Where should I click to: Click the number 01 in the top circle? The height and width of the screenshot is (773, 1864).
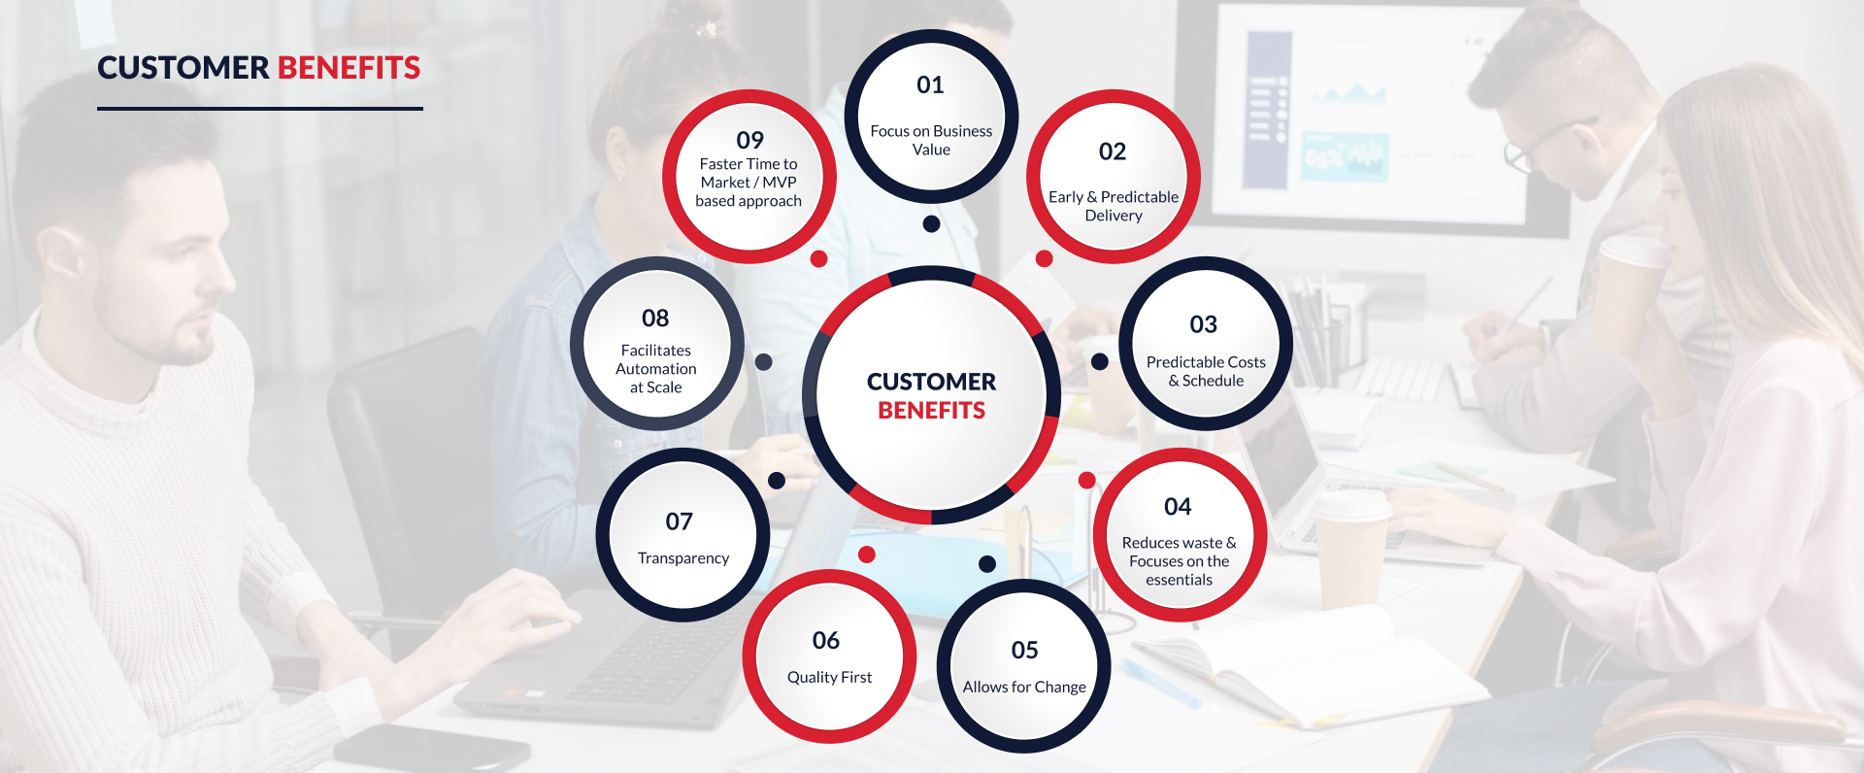coord(930,85)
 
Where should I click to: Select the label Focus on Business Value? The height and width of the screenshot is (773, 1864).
coord(931,140)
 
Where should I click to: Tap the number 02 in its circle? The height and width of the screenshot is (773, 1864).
coord(1113,151)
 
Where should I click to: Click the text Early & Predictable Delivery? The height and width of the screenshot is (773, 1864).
coord(1114,206)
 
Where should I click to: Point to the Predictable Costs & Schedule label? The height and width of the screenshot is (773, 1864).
coord(1206,371)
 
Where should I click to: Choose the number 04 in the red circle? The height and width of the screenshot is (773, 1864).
coord(1178,507)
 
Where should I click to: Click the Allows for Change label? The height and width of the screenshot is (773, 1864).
coord(1024,687)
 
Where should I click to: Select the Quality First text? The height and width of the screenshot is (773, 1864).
coord(829,677)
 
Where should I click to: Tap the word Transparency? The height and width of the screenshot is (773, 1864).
coord(682,558)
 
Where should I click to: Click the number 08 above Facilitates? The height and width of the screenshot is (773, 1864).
coord(655,319)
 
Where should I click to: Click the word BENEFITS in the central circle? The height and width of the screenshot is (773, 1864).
coord(931,411)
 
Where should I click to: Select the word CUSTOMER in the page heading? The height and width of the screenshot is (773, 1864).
coord(183,68)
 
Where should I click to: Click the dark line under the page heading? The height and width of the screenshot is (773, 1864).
coord(260,109)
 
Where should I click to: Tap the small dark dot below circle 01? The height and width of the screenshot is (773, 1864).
coord(931,224)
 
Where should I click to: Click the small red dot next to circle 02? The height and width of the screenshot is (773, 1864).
coord(1045,258)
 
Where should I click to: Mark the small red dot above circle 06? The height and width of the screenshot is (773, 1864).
coord(867,555)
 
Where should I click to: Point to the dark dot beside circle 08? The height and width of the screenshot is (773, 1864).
coord(764,362)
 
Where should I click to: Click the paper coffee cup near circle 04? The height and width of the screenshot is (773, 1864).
coord(1350,549)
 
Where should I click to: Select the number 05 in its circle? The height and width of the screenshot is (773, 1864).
coord(1024,651)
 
